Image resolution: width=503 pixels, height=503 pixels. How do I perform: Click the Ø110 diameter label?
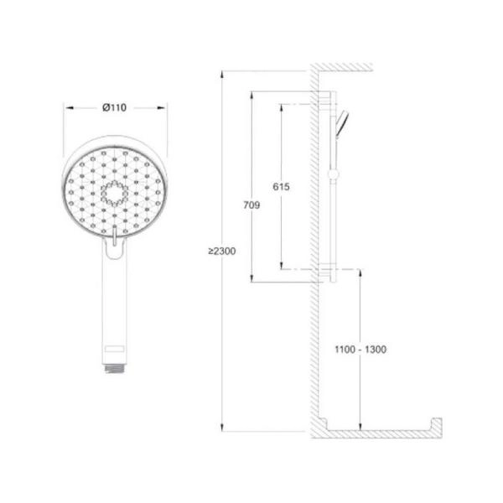pyautogui.click(x=115, y=107)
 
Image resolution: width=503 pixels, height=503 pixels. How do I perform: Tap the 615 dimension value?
pyautogui.click(x=281, y=186)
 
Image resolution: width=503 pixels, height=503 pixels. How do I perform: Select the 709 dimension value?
pyautogui.click(x=251, y=205)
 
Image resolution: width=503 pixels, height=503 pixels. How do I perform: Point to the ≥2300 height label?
pyautogui.click(x=221, y=251)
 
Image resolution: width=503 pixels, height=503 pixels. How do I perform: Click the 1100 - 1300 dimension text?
pyautogui.click(x=360, y=350)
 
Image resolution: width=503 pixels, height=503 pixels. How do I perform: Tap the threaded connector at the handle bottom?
pyautogui.click(x=115, y=369)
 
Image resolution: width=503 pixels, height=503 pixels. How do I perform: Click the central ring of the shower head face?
pyautogui.click(x=114, y=194)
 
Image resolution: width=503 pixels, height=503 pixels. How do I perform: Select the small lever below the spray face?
pyautogui.click(x=115, y=235)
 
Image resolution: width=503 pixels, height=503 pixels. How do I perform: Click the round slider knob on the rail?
pyautogui.click(x=333, y=174)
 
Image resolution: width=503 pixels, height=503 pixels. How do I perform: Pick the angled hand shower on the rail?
pyautogui.click(x=341, y=123)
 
